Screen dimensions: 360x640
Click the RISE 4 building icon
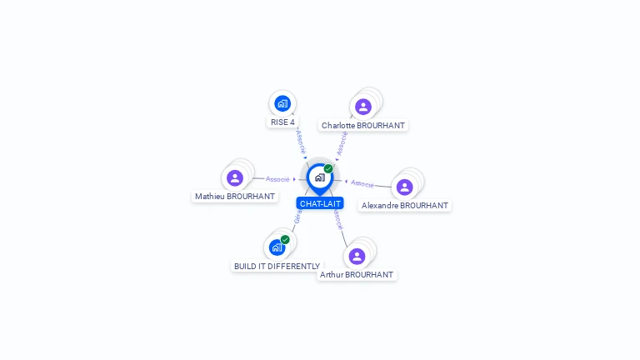282,103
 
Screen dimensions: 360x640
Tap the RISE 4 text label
282,122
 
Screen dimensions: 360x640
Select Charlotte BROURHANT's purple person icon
362,107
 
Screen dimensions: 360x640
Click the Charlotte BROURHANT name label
363,126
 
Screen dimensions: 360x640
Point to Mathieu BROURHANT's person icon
235,177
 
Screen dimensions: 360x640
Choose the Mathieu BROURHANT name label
235,197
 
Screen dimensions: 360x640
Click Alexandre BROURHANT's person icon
404,187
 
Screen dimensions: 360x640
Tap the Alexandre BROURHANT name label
405,206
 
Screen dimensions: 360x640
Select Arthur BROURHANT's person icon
357,256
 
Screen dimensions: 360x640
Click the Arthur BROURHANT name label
357,275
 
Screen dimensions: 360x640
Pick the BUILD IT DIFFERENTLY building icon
277,247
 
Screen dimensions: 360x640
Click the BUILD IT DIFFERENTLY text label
277,267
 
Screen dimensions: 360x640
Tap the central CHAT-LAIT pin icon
319,177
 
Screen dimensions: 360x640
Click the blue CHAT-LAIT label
320,203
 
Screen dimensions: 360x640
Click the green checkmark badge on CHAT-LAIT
328,168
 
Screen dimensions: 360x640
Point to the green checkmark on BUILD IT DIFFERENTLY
285,239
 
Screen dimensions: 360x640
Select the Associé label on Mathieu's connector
277,179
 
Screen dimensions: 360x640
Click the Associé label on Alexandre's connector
362,182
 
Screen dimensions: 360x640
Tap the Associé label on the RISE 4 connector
300,140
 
